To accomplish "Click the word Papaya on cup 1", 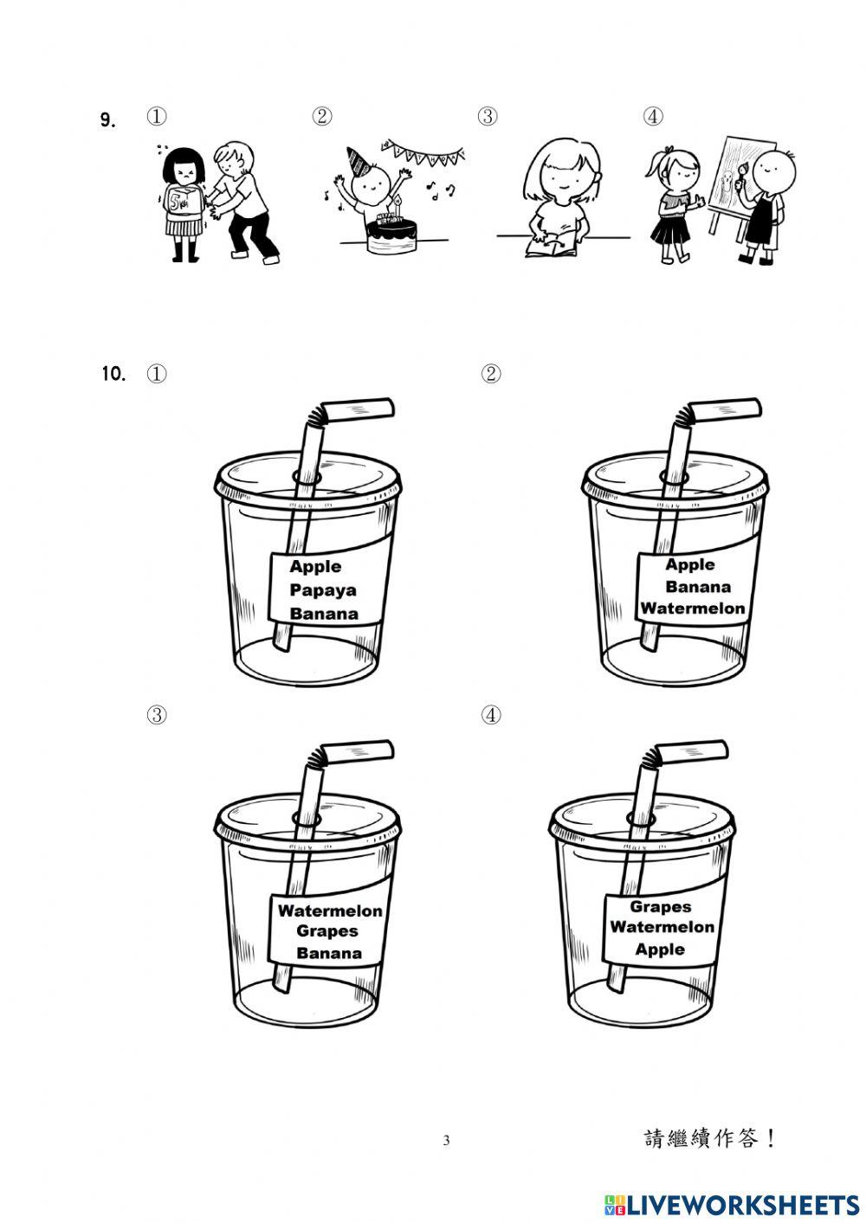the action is click(323, 591).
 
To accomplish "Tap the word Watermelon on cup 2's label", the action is click(693, 608).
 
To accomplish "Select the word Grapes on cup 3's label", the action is click(327, 931).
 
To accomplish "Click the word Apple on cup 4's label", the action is click(660, 949).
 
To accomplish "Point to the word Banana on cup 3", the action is click(329, 953).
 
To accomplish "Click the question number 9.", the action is click(107, 120).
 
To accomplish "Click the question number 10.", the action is click(113, 374).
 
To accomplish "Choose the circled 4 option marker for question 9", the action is click(653, 116).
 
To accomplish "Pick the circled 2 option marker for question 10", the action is click(491, 374).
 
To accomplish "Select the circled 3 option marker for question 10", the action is click(157, 715).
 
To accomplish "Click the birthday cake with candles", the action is click(391, 232).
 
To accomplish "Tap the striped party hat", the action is click(360, 162).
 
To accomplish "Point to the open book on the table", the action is click(552, 245).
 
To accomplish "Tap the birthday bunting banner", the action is click(424, 151).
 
